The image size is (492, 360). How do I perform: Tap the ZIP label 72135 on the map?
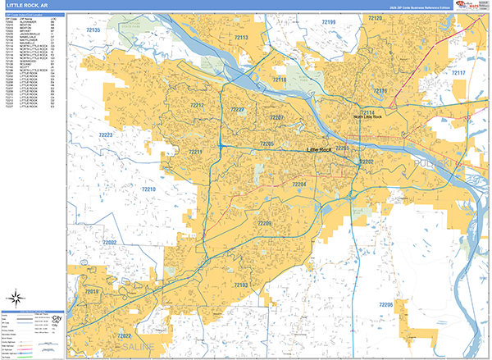point(93,30)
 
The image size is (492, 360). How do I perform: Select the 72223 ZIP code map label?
point(106,134)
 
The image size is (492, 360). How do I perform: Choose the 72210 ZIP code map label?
point(148,189)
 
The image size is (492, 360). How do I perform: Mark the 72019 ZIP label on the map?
point(90,292)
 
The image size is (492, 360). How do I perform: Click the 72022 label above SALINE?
point(125,336)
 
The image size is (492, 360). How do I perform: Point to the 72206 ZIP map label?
point(385,304)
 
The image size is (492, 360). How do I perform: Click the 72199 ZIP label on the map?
point(328,21)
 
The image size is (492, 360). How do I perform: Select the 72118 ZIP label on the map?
point(280,79)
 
